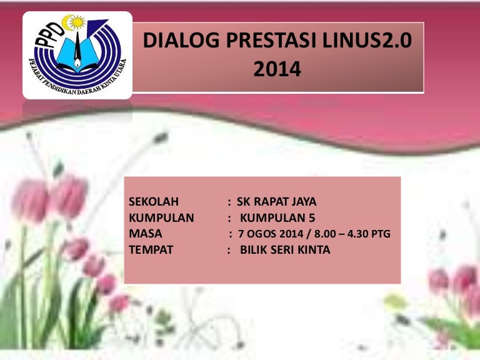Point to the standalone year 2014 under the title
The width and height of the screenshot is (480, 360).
pyautogui.click(x=277, y=69)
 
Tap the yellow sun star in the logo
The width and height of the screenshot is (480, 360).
pyautogui.click(x=77, y=22)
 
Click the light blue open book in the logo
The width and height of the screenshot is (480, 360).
pyautogui.click(x=77, y=54)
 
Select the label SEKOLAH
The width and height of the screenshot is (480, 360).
pyautogui.click(x=154, y=202)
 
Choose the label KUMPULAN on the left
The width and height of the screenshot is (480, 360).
pyautogui.click(x=161, y=217)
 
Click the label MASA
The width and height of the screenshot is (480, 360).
pyautogui.click(x=146, y=234)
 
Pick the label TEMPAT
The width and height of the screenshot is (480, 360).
pyautogui.click(x=151, y=250)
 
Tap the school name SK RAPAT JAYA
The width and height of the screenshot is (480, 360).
pyautogui.click(x=277, y=202)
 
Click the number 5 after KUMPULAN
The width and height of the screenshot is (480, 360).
pyautogui.click(x=312, y=217)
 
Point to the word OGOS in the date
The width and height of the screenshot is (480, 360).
pyautogui.click(x=262, y=234)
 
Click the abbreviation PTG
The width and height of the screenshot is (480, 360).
pyautogui.click(x=381, y=234)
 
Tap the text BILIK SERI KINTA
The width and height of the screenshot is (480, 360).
pyautogui.click(x=285, y=250)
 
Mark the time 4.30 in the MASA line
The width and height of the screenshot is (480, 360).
pyautogui.click(x=357, y=234)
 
